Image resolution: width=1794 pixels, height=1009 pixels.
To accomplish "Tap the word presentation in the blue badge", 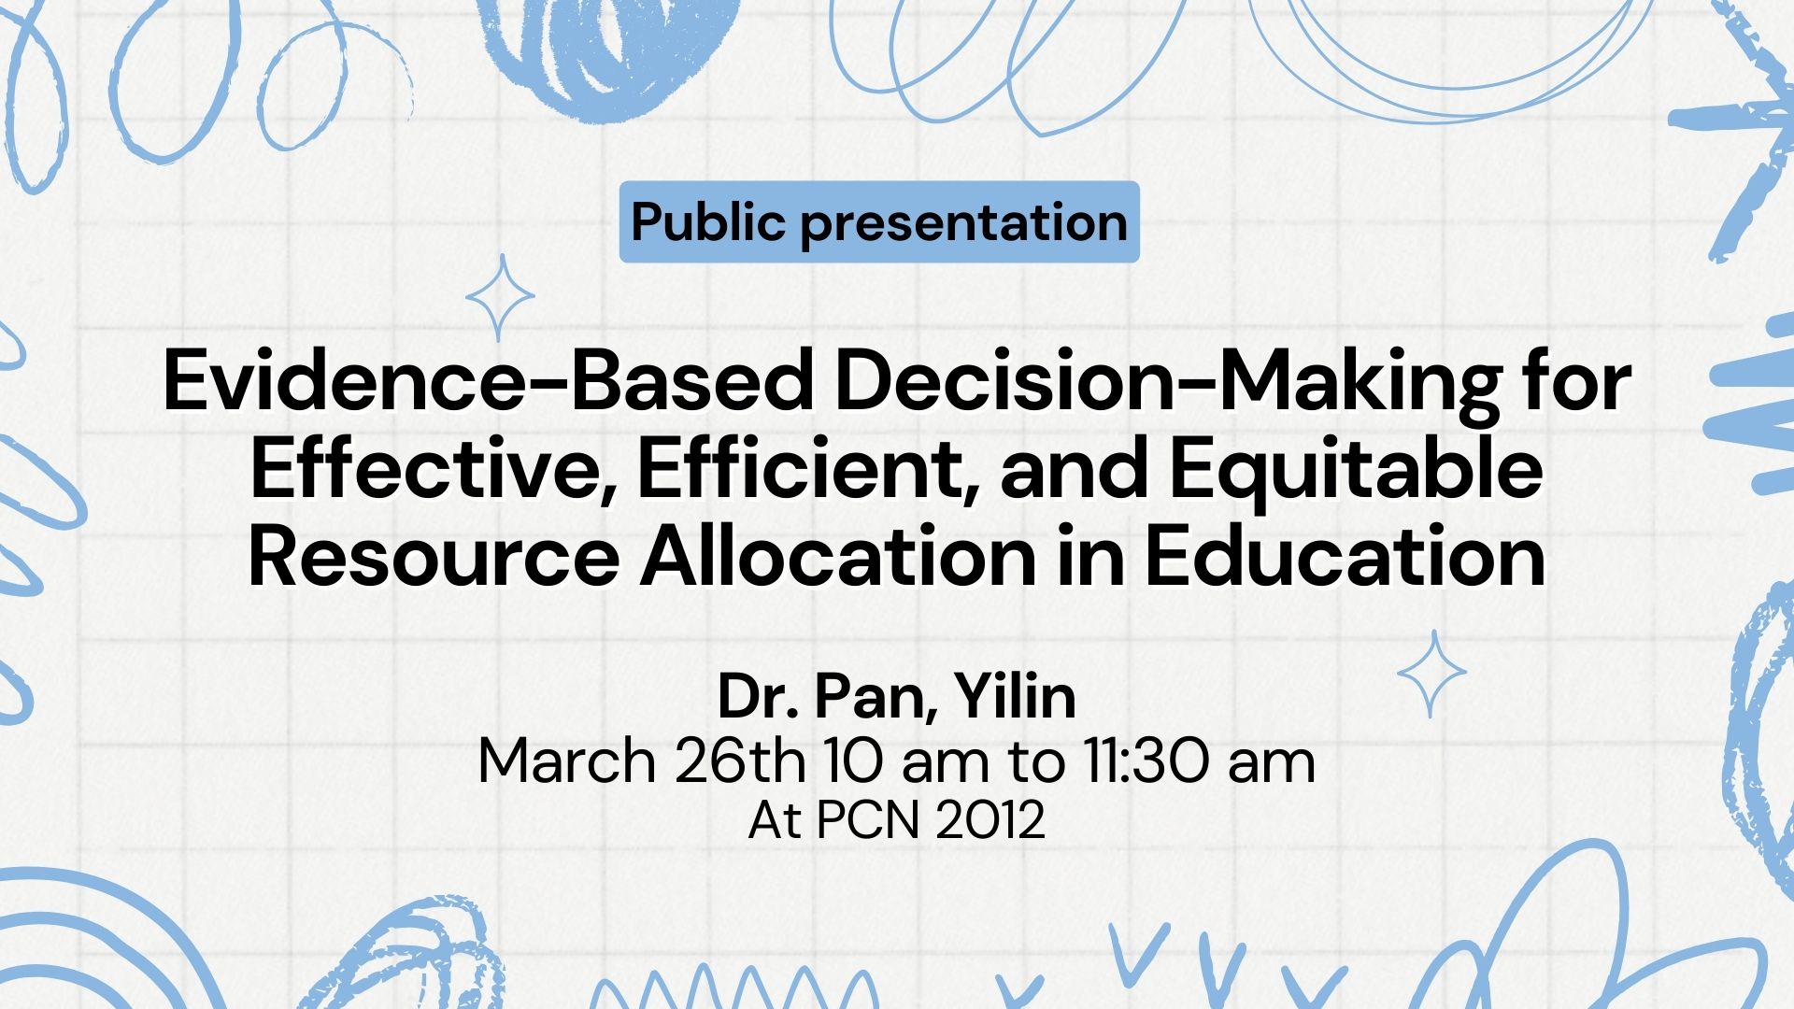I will click(963, 222).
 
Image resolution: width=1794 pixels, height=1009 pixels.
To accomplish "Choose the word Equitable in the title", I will click(1356, 469).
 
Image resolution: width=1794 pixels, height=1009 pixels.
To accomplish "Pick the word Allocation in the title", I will click(838, 557).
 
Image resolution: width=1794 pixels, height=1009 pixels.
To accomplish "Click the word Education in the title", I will click(1345, 557).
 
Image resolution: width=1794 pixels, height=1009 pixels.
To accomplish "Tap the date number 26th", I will click(739, 761).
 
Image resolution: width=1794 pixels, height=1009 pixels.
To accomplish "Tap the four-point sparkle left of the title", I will click(500, 297).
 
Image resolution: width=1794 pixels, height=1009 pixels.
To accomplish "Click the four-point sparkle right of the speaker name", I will click(1431, 673).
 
